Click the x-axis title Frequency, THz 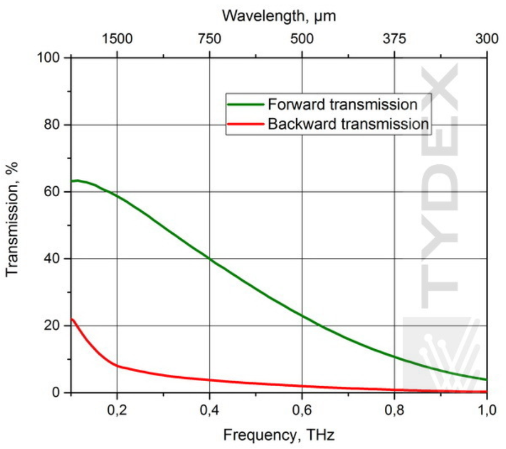[279, 435]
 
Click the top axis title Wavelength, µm [279, 16]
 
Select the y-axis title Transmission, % [12, 219]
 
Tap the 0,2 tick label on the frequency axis [117, 410]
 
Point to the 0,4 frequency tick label [209, 410]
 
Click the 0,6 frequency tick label [302, 410]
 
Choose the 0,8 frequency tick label [394, 410]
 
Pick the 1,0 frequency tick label [486, 410]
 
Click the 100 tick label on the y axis [48, 58]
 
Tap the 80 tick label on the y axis [52, 125]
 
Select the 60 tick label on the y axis [52, 192]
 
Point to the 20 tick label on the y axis [52, 326]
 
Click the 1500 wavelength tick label [117, 39]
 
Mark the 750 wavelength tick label [209, 39]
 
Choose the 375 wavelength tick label [394, 39]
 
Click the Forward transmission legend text [343, 104]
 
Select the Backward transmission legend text [348, 124]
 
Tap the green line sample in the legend [246, 104]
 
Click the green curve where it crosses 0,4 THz [210, 258]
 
